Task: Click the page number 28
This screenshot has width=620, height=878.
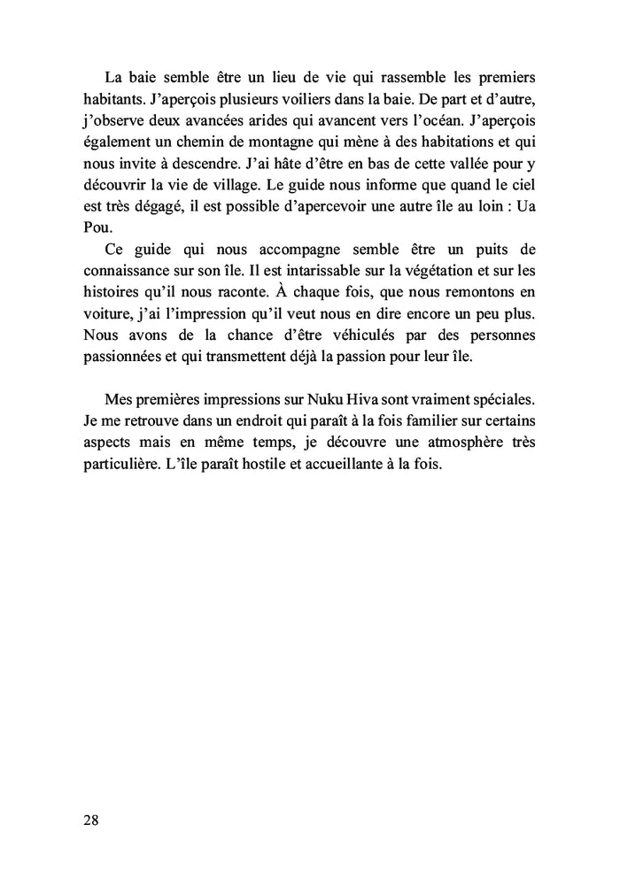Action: [90, 820]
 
